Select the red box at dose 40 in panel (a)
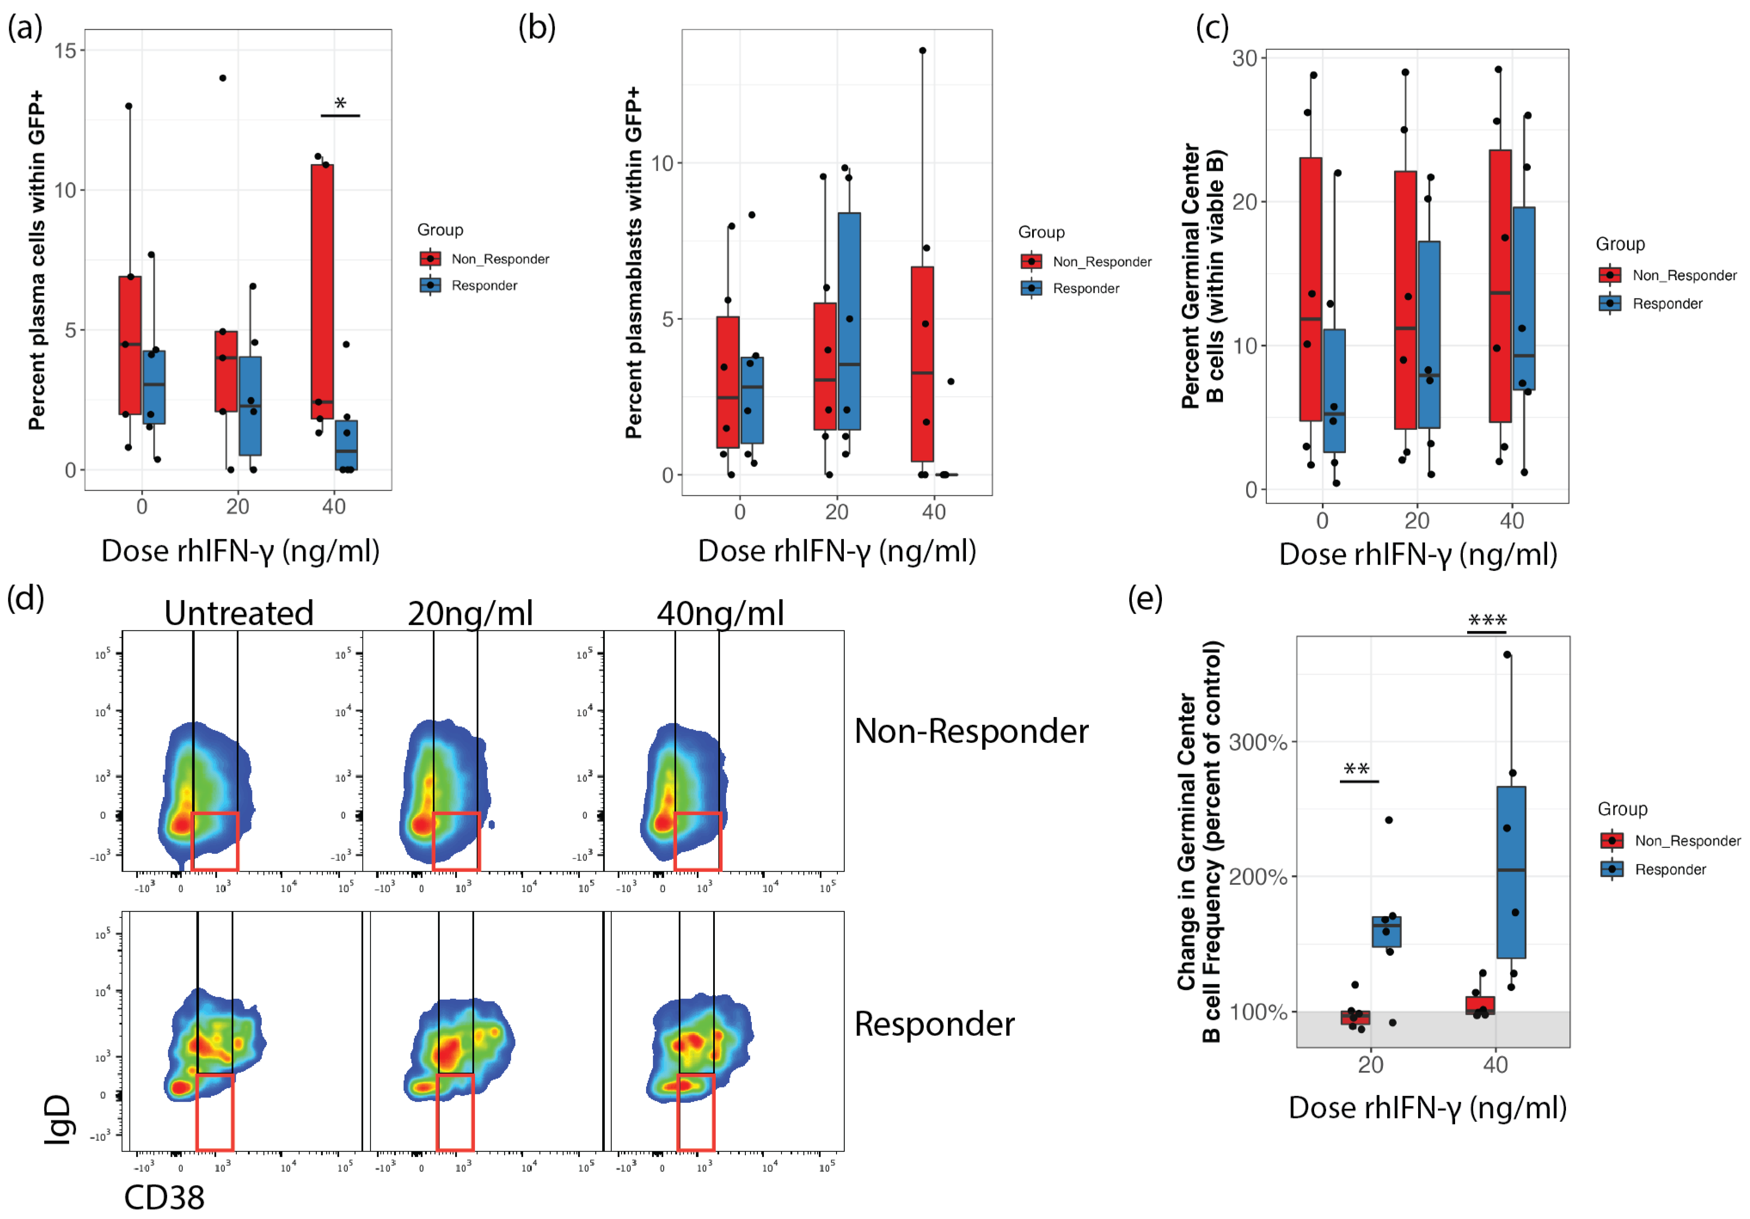(x=322, y=290)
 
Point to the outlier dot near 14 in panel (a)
(x=223, y=78)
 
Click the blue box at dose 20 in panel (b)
(x=849, y=320)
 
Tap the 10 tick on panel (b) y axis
(x=662, y=163)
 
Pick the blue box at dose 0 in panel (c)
(x=1334, y=390)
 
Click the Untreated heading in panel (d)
(x=239, y=613)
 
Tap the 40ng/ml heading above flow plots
(x=720, y=613)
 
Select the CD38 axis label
(x=164, y=1198)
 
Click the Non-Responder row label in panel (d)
(x=971, y=731)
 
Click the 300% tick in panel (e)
(x=1258, y=742)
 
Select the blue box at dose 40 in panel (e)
(x=1511, y=872)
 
